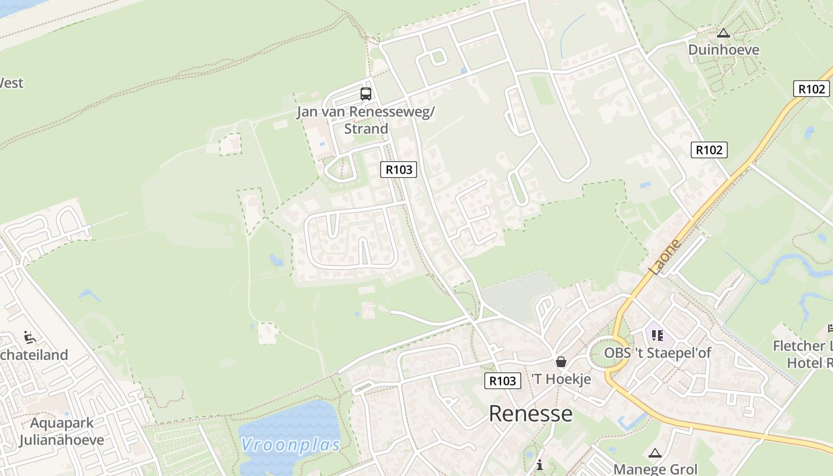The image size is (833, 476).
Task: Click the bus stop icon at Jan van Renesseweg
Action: point(365,93)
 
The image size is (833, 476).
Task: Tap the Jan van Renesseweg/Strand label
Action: point(366,120)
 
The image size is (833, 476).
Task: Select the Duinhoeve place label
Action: point(724,49)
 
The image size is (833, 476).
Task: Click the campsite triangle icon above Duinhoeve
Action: point(724,33)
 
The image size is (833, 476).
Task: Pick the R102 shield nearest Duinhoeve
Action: point(812,89)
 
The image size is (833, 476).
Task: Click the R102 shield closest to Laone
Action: point(709,150)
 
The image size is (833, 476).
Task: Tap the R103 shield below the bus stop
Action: point(399,170)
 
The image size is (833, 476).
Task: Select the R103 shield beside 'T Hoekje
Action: point(503,381)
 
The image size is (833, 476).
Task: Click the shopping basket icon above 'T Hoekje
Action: point(560,362)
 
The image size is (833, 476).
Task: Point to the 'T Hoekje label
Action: point(561,379)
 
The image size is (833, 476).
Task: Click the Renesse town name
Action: point(531,414)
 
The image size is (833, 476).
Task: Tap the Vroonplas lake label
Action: point(291,445)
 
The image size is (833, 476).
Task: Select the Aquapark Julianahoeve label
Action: point(61,432)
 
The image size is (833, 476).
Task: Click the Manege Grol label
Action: point(655,469)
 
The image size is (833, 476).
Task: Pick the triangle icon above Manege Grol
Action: point(655,453)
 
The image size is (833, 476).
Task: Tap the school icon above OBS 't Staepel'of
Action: point(657,336)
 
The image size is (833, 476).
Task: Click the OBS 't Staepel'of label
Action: point(657,353)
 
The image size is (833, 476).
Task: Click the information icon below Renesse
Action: point(540,464)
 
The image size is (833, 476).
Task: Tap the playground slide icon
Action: point(29,337)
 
